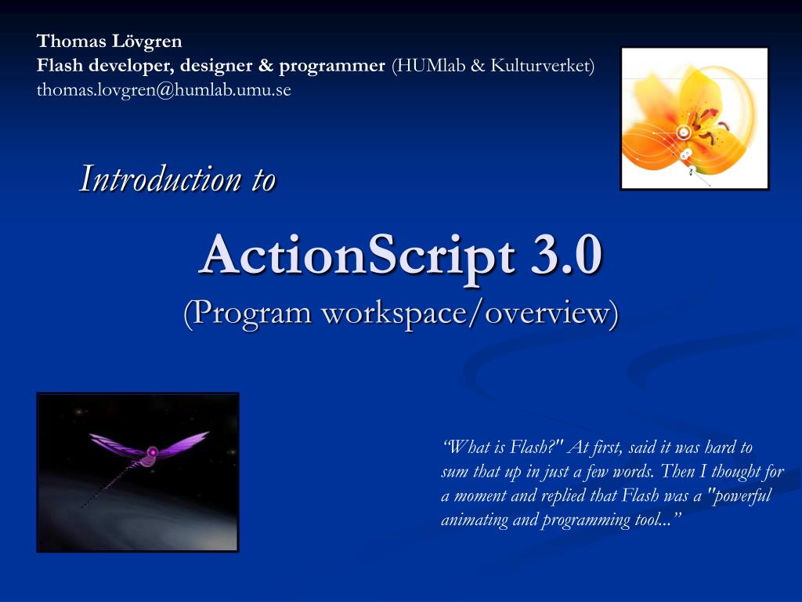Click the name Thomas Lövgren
[x=109, y=41]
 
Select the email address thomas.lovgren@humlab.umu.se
[x=164, y=90]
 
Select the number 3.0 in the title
[x=559, y=255]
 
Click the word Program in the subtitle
[x=250, y=313]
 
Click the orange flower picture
[x=694, y=118]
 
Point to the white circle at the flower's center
[x=683, y=132]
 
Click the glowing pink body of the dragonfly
[x=152, y=452]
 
